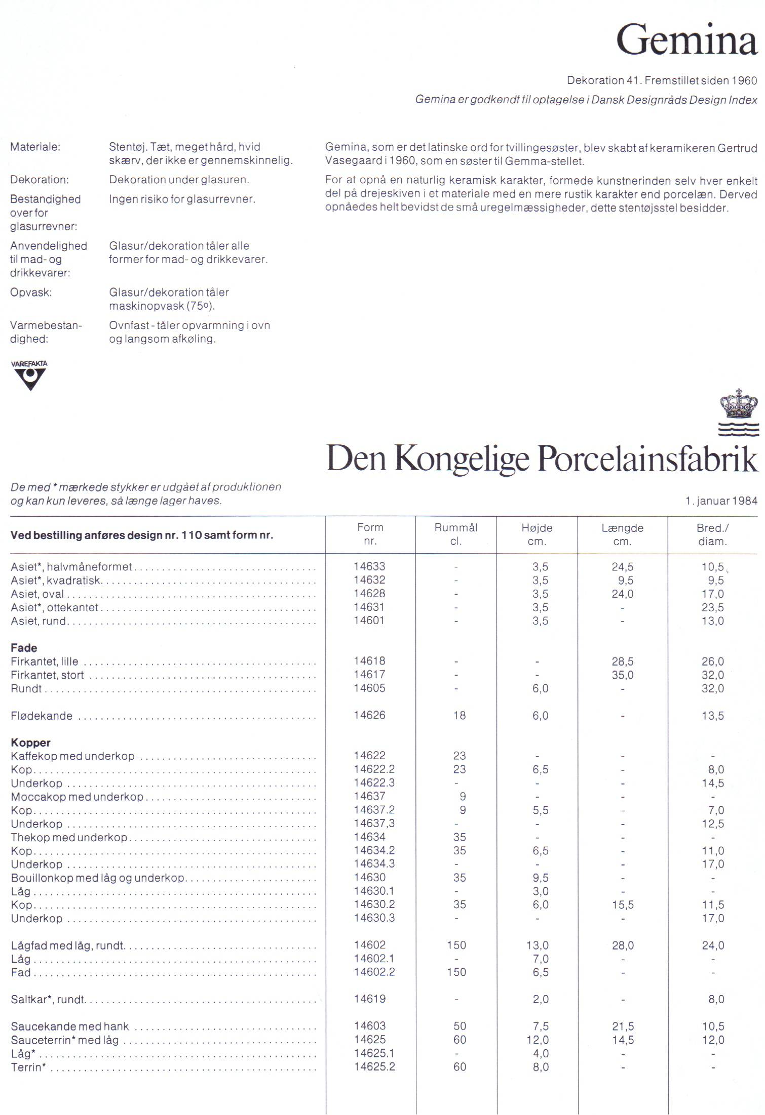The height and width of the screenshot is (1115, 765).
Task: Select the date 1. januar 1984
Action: [x=721, y=501]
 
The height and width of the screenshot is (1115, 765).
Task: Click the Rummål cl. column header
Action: [x=456, y=534]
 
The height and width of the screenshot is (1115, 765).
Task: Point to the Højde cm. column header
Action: [x=537, y=534]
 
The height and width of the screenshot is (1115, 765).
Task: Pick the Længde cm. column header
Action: [x=622, y=534]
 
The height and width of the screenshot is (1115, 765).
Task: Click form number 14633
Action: [x=369, y=566]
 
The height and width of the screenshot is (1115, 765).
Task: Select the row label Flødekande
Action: [x=42, y=716]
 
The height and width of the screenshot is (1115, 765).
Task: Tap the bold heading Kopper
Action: [x=30, y=742]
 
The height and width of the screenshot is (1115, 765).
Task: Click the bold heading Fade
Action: [x=24, y=648]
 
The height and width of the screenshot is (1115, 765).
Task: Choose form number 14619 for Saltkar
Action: [x=369, y=999]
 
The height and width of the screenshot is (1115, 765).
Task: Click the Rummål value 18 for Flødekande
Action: [x=459, y=715]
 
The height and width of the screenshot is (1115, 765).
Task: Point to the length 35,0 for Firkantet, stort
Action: [x=622, y=675]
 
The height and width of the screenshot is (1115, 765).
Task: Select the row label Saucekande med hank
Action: [x=70, y=1026]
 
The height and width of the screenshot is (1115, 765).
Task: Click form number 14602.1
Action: [x=374, y=958]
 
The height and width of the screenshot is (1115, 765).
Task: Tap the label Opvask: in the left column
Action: [x=31, y=292]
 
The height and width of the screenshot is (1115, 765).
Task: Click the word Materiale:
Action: [x=35, y=147]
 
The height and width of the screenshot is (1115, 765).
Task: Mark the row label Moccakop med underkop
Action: [x=77, y=797]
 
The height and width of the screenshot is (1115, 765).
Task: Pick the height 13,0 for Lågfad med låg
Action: [x=540, y=945]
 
